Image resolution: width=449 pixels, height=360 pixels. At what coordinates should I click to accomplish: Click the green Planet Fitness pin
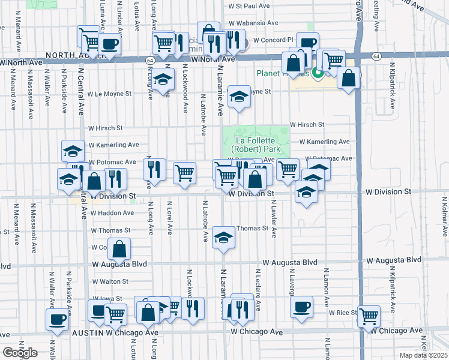point(318,74)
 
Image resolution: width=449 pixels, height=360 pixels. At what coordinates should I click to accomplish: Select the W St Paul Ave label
point(249,6)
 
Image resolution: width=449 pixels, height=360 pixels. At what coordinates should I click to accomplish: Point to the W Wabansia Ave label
point(253,23)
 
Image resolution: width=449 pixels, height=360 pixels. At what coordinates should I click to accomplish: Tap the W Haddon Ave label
point(112,212)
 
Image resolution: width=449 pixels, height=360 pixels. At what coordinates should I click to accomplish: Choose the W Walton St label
point(110,281)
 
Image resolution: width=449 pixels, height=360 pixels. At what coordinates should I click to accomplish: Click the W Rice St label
point(342,313)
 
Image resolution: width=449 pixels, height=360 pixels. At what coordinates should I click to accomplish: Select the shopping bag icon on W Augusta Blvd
point(120,250)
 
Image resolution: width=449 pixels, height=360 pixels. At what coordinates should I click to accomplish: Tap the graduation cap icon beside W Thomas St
point(223,239)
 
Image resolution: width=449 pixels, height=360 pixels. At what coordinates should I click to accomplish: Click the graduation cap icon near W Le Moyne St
point(239,96)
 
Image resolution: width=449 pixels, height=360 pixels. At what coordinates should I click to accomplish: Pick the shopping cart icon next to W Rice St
point(369,316)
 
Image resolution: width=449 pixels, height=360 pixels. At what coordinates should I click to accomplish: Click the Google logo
point(20,352)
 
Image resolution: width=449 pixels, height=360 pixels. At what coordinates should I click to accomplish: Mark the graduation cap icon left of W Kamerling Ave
point(73,150)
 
